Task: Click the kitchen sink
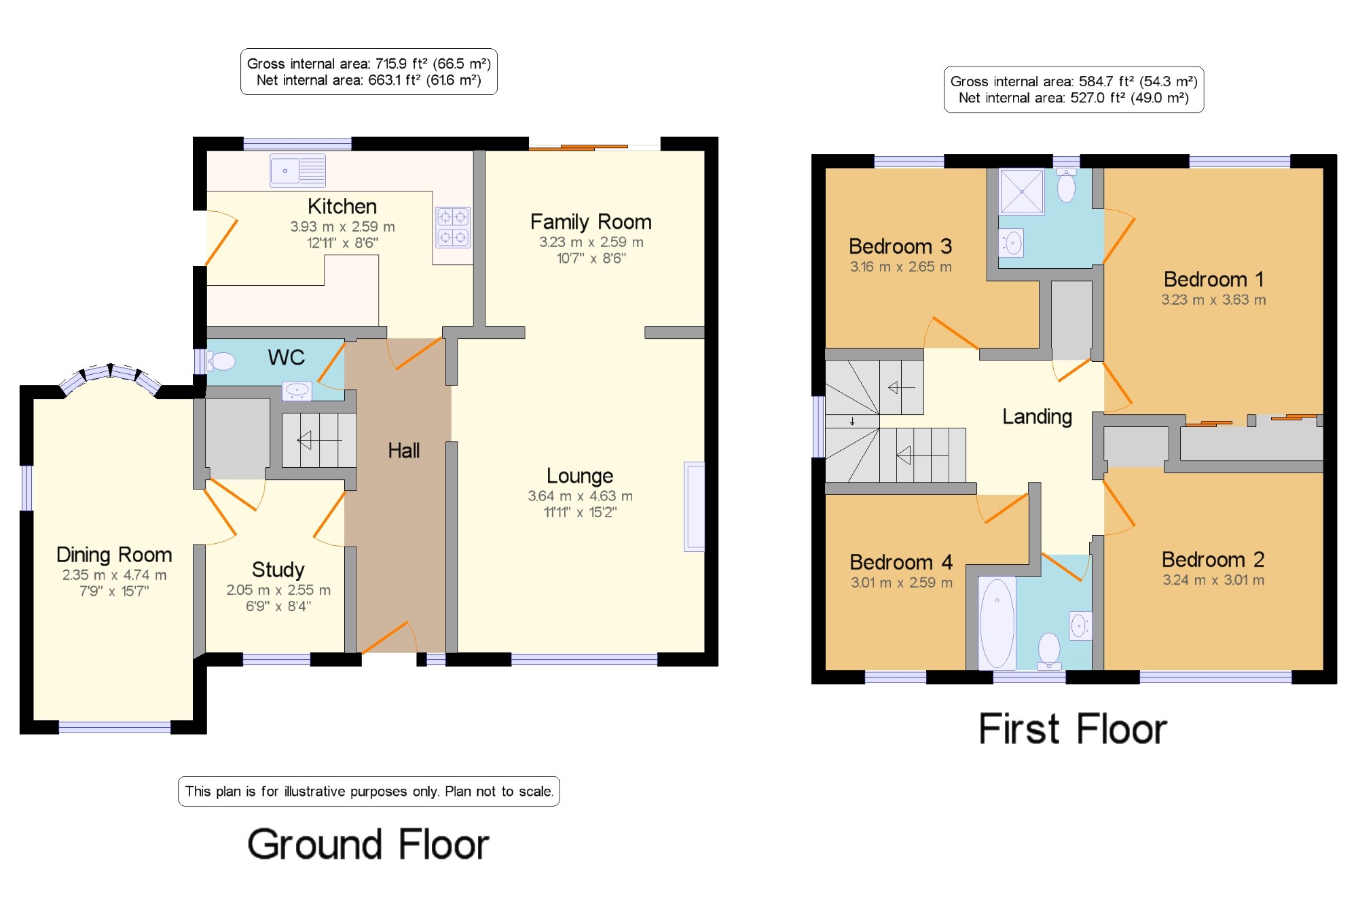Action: [297, 170]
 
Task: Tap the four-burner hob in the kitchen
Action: [453, 227]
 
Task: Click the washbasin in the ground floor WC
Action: [297, 390]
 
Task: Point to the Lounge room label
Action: [580, 475]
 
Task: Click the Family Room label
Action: [591, 221]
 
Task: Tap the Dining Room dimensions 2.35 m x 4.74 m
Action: [114, 574]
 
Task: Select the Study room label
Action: [278, 569]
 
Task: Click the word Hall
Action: [403, 450]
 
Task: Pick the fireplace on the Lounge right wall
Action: [694, 506]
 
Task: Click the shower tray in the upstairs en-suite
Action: [1021, 191]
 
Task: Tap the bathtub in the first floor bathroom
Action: [997, 623]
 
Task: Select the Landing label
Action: [1037, 416]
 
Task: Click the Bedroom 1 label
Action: [1213, 278]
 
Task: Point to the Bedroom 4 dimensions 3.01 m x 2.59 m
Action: [901, 582]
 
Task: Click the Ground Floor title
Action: [368, 844]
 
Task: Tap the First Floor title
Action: [1073, 728]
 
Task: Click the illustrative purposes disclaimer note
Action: [369, 791]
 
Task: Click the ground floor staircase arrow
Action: [319, 441]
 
